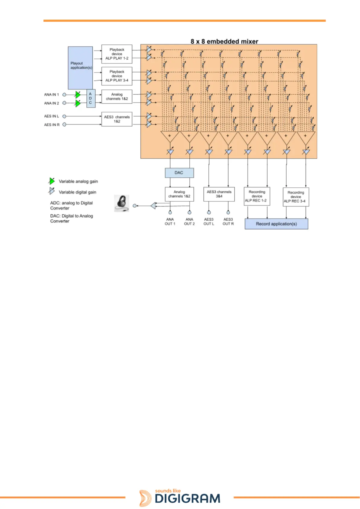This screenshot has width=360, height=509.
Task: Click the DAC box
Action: coord(179,173)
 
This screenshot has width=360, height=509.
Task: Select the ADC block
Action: coord(91,99)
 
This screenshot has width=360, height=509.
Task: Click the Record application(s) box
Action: coord(276,224)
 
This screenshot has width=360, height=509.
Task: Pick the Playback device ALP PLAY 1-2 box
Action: coord(117,54)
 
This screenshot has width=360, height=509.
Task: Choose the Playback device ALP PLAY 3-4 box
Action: coord(117,76)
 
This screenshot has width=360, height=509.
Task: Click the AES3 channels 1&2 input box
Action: coord(117,119)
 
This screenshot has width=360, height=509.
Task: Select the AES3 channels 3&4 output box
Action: coord(219,194)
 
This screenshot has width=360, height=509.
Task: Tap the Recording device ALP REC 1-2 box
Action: coord(257,196)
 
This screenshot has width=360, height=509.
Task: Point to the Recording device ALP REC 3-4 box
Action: coord(296,197)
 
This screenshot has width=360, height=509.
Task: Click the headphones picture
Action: coord(121,203)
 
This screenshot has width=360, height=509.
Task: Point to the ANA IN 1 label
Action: coord(52,95)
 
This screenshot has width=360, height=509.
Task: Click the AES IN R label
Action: coord(52,125)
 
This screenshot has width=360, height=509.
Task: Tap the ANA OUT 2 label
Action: coord(189,222)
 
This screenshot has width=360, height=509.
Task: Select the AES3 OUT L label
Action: coord(209,222)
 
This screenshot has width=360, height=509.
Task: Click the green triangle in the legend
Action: coord(52,181)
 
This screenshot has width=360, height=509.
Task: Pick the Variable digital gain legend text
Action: coord(77,192)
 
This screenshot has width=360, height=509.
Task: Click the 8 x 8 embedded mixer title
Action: coord(224,41)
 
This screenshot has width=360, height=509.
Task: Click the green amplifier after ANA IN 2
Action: coord(78,103)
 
